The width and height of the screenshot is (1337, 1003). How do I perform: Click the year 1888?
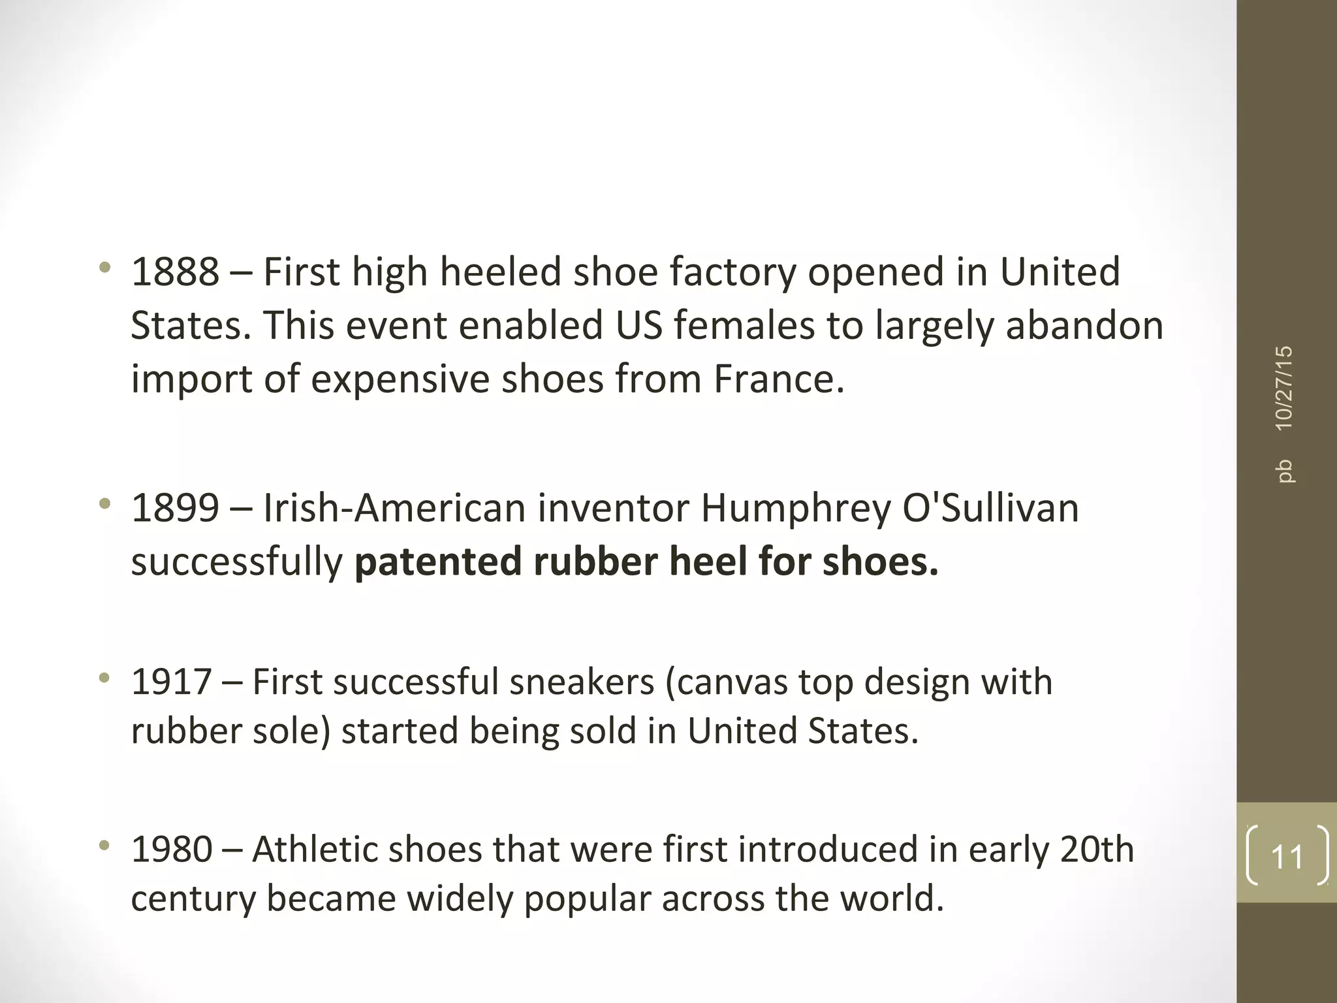tap(175, 272)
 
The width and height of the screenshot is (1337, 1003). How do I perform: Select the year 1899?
tap(175, 508)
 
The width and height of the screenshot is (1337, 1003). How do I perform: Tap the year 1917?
tap(171, 682)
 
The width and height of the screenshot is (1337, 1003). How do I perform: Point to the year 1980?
tap(172, 850)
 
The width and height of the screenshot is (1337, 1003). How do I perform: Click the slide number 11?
tap(1287, 856)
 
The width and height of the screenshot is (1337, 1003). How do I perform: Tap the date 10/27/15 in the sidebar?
tap(1284, 388)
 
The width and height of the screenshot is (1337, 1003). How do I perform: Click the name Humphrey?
tap(795, 509)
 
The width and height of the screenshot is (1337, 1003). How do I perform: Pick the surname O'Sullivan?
tap(990, 508)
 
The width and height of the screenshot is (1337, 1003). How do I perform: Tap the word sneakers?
tap(582, 682)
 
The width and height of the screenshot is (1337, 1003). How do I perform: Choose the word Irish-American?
tap(394, 508)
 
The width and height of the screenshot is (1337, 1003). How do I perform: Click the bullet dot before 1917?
tap(104, 679)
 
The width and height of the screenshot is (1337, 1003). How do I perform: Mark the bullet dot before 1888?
tap(104, 268)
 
